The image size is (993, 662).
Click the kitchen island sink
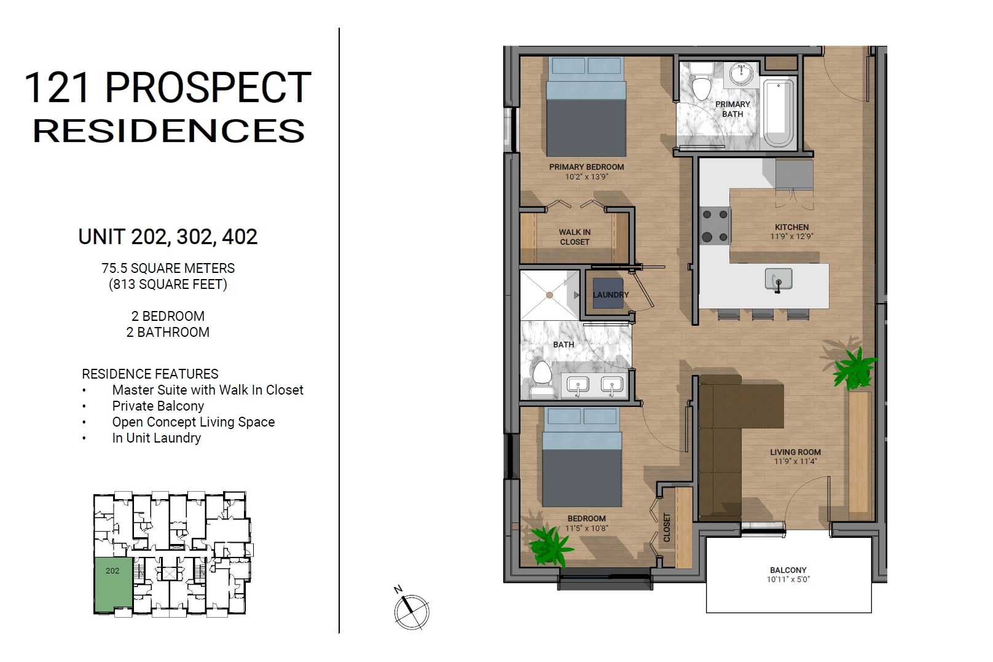coord(779,279)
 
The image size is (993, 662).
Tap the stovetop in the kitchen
coord(715,226)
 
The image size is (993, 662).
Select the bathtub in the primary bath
coord(779,113)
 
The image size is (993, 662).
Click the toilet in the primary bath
coord(701,81)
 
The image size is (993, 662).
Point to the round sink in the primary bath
coord(741,74)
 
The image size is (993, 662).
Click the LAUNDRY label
coord(610,294)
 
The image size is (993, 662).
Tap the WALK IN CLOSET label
coord(575,237)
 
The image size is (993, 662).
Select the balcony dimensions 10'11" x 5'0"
coord(788,579)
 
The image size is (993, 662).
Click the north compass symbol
coord(411,611)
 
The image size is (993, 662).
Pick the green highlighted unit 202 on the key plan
coord(113,585)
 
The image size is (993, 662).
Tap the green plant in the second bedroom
coord(549,546)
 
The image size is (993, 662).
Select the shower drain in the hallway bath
coord(549,295)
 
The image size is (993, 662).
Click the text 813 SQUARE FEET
coord(168,284)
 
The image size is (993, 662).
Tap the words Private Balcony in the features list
coord(158,406)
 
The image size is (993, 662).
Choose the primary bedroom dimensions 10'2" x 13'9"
coord(586,176)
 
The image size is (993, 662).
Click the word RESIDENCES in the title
coord(169,131)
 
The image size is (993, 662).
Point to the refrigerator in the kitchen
coord(794,175)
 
